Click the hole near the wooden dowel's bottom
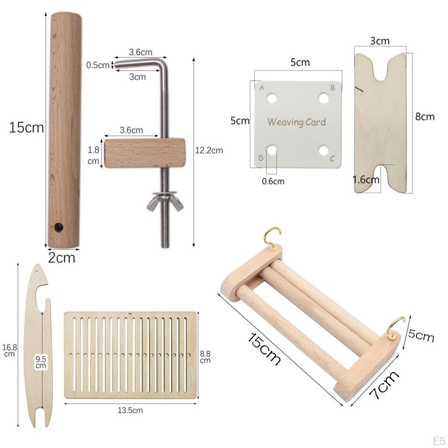point(59,227)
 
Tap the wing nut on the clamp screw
point(165,201)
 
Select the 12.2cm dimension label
point(209,150)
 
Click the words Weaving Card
point(297,122)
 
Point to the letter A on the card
point(262,88)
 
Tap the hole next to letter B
point(324,98)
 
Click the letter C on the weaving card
point(332,158)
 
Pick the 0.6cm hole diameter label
point(273,182)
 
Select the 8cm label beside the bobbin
point(425,116)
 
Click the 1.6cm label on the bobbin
point(366,180)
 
